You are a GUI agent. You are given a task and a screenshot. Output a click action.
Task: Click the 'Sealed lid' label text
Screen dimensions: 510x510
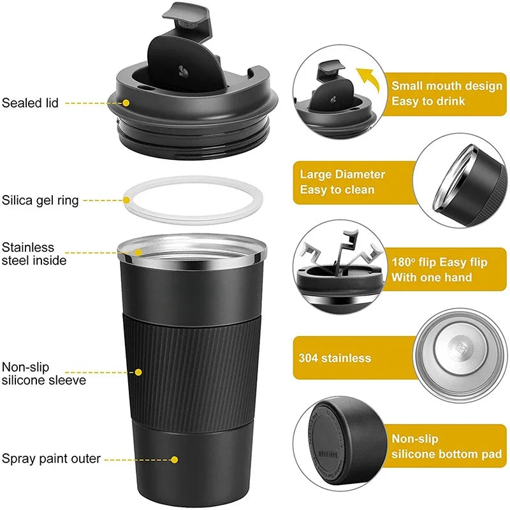tap(31, 102)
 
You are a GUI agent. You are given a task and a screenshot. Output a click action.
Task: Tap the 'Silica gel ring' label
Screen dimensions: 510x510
tap(40, 200)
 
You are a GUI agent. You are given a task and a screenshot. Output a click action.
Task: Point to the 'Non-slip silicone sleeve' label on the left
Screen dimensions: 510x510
tap(43, 374)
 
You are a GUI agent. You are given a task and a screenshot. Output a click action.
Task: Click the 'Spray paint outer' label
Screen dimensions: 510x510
tap(51, 458)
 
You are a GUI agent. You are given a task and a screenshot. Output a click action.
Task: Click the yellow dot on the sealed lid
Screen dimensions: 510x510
tap(126, 102)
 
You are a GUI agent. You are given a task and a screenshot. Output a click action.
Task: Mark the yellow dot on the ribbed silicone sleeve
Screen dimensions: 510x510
tap(138, 372)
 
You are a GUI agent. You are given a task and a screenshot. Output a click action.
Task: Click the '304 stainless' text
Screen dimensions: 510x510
tap(335, 358)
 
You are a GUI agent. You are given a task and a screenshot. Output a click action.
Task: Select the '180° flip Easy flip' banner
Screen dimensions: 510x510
tap(440, 269)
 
